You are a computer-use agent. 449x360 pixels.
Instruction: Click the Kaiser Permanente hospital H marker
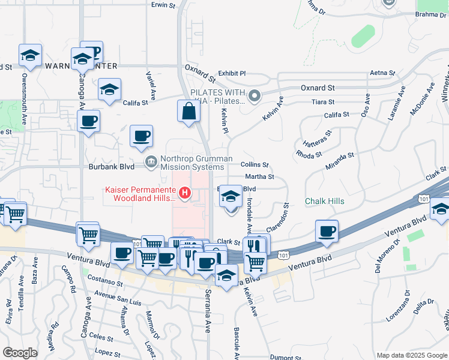(x=185, y=193)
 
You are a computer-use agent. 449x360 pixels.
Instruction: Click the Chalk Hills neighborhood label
(x=325, y=201)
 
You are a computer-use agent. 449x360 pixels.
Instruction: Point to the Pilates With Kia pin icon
(x=255, y=95)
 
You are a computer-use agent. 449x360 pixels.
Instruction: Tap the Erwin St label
(x=163, y=5)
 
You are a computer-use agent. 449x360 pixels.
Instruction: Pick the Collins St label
(x=254, y=164)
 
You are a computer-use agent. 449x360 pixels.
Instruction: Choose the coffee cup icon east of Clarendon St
(x=327, y=231)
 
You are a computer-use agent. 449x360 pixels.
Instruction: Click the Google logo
(x=20, y=353)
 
